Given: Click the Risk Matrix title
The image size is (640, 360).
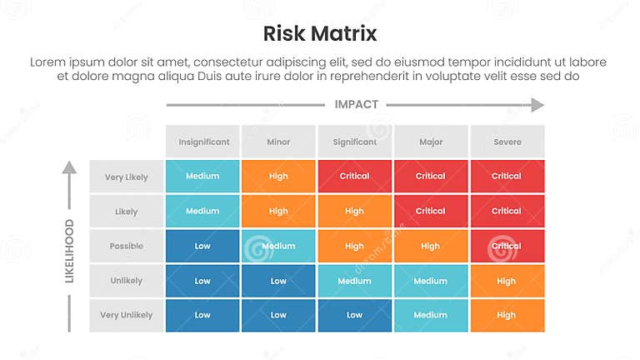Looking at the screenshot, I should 320,33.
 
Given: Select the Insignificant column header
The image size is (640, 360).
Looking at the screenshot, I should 203,142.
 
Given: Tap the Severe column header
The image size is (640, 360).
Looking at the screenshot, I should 507,142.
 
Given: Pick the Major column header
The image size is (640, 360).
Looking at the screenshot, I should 431,142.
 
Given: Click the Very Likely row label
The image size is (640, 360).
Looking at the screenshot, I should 126,177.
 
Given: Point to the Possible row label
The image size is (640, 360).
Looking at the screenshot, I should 126,246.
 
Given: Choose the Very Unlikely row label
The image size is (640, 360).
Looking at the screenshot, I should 126,315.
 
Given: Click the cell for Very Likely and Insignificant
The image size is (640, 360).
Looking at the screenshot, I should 202,177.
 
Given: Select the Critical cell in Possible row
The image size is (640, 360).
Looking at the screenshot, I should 507,246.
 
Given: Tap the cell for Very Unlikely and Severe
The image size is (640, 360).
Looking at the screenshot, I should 507,315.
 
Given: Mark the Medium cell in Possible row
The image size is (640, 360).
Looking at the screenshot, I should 278,246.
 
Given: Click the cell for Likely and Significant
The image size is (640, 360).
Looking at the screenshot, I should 354,211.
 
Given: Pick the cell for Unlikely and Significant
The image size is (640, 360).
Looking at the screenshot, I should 354,281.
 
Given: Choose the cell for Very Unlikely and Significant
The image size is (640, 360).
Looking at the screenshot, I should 354,315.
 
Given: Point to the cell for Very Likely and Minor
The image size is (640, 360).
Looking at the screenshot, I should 278,177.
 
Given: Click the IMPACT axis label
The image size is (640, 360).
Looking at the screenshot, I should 356,105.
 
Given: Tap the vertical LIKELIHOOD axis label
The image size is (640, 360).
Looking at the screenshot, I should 70,251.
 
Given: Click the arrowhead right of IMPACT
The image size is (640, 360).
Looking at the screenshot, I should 537,105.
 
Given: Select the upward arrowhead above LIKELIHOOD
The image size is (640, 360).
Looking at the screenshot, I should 70,167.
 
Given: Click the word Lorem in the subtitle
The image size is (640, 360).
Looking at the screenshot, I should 47,62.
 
